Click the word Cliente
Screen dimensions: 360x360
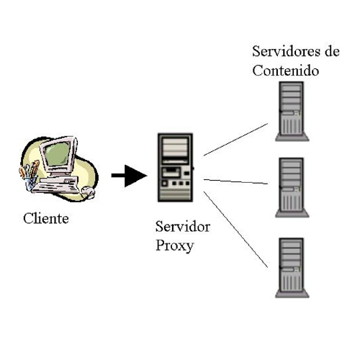pyautogui.click(x=46, y=218)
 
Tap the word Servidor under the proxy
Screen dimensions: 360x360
pyautogui.click(x=183, y=227)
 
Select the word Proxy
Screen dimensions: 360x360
pyautogui.click(x=175, y=246)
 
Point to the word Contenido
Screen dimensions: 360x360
pyautogui.click(x=286, y=71)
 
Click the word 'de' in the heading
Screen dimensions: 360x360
pyautogui.click(x=333, y=51)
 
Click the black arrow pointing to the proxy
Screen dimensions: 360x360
pyautogui.click(x=129, y=176)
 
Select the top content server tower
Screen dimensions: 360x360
pyautogui.click(x=292, y=111)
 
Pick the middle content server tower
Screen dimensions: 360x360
pyautogui.click(x=292, y=187)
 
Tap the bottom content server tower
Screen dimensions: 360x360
pyautogui.click(x=292, y=268)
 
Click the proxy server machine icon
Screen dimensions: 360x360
pyautogui.click(x=176, y=168)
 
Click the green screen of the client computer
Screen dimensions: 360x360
pyautogui.click(x=58, y=153)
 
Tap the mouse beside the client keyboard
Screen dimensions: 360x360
pyautogui.click(x=88, y=192)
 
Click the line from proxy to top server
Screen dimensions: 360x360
pyautogui.click(x=235, y=140)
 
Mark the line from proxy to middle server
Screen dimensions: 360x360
pyautogui.click(x=235, y=181)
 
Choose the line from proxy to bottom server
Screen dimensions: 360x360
pyautogui.click(x=235, y=230)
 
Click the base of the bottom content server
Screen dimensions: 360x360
pyautogui.click(x=292, y=294)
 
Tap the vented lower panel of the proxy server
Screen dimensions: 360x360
pyautogui.click(x=176, y=194)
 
